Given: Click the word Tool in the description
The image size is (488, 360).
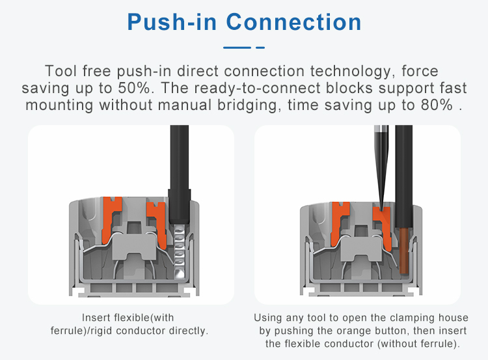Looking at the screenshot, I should tap(61, 70).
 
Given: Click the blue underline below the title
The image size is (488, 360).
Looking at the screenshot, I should tap(243, 48).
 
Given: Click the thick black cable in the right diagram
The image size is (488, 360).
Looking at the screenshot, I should tap(403, 169).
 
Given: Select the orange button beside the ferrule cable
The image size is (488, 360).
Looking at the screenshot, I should tap(156, 218).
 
